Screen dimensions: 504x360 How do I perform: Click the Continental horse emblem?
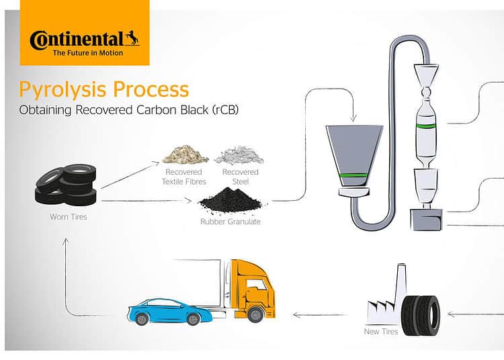click(x=132, y=38)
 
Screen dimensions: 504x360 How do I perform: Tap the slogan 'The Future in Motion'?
click(x=88, y=53)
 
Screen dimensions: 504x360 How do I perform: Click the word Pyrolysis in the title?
click(x=62, y=89)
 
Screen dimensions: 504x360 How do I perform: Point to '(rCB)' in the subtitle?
click(x=225, y=110)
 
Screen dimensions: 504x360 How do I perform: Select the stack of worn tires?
click(x=66, y=185)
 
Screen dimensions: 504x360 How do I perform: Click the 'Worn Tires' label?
click(x=68, y=217)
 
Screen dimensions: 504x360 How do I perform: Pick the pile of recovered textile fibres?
click(x=185, y=154)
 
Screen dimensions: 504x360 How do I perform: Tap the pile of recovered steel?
click(x=239, y=154)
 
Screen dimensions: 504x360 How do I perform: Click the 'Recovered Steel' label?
click(x=241, y=177)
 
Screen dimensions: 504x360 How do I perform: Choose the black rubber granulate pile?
click(x=231, y=200)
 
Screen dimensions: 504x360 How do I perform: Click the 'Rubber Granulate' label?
click(x=230, y=222)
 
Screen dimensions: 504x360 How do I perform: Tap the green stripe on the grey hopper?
click(x=354, y=175)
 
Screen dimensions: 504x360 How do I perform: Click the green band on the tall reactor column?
click(x=426, y=126)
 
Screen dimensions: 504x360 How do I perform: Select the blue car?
click(x=170, y=312)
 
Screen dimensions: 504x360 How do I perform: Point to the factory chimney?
click(x=401, y=283)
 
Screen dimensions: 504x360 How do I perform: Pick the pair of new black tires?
click(x=421, y=316)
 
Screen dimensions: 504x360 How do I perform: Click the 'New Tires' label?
click(x=381, y=331)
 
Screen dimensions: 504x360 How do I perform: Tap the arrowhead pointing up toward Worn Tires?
click(x=66, y=241)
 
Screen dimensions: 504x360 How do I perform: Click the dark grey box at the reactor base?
click(x=427, y=220)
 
